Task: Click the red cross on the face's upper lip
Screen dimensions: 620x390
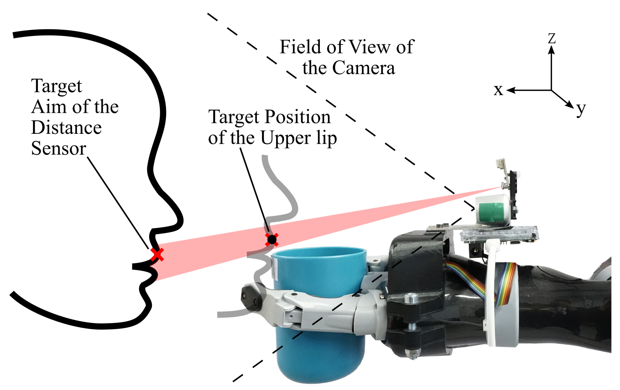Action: coord(157,255)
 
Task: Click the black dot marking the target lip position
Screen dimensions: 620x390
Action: coord(272,239)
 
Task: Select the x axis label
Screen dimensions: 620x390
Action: coord(498,90)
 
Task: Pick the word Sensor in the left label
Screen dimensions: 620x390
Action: coord(59,148)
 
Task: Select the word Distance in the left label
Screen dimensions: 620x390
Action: coord(67,128)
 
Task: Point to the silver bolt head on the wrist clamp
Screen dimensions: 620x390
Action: coord(411,298)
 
